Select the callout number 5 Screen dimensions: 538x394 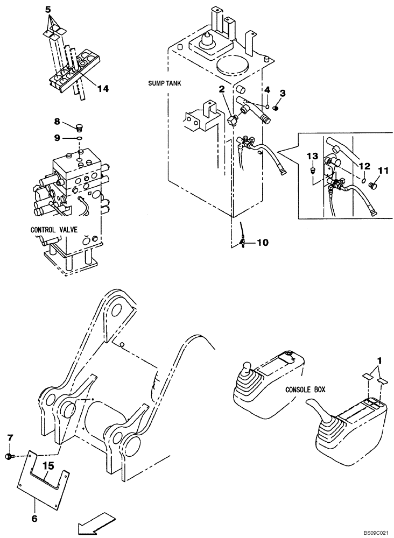point(48,9)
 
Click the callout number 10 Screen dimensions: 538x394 point(262,243)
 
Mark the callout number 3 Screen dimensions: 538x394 point(282,93)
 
